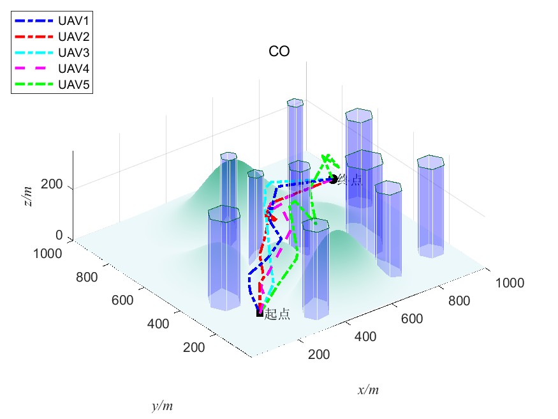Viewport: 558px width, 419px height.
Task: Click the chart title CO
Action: coord(279,52)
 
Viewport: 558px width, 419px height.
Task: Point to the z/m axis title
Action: coord(27,190)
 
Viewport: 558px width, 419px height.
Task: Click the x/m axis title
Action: coord(369,390)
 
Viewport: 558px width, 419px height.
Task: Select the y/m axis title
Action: coord(163,406)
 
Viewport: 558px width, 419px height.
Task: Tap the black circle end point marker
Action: coord(333,179)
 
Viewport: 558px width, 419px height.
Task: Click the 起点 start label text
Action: coord(277,314)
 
